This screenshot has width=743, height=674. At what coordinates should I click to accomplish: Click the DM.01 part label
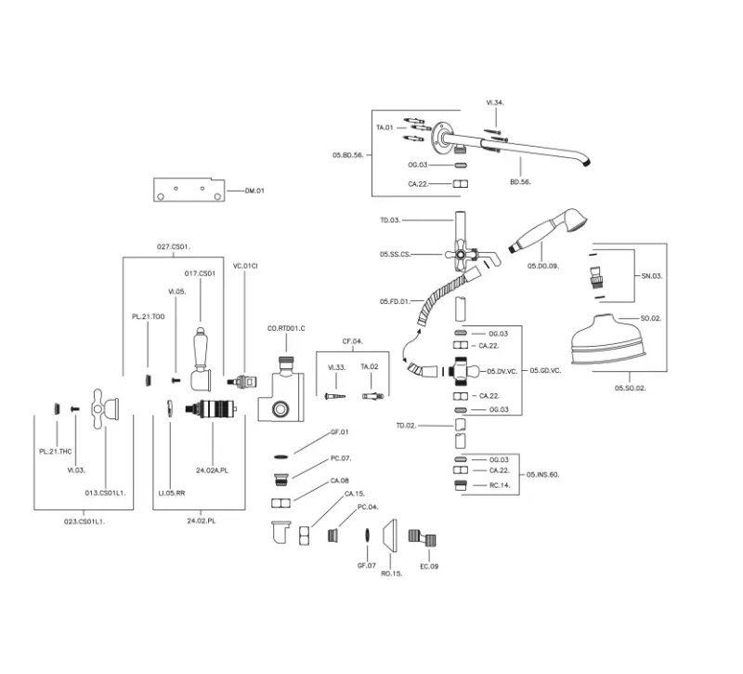(x=254, y=192)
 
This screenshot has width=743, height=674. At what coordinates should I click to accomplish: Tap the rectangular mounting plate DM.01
(x=189, y=190)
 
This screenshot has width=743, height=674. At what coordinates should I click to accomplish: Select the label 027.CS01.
(x=173, y=246)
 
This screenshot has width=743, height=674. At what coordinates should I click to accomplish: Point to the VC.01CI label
(x=245, y=267)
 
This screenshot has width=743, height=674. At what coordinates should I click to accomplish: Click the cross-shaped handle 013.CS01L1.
(x=105, y=405)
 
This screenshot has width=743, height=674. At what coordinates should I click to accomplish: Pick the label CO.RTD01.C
(x=286, y=328)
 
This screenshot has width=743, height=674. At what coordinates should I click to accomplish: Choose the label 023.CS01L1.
(x=85, y=522)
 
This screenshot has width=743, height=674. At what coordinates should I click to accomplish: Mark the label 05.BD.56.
(x=347, y=154)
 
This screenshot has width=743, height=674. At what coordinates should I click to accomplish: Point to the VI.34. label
(x=495, y=102)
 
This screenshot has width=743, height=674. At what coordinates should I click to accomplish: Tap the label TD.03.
(x=389, y=220)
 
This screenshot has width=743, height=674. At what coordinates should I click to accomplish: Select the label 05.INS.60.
(x=542, y=475)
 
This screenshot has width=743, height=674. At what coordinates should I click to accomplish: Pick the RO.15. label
(x=391, y=574)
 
